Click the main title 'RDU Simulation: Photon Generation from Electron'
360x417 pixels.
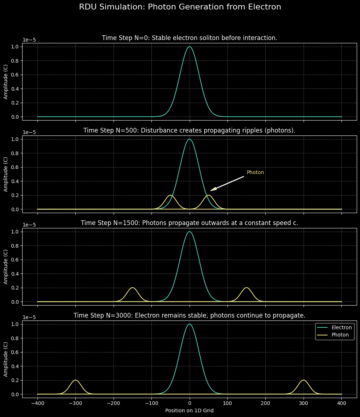click(180, 7)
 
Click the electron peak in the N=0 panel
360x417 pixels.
click(189, 47)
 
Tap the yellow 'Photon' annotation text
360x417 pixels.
click(255, 172)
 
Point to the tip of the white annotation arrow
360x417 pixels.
click(211, 190)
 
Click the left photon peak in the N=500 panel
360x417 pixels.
click(170, 196)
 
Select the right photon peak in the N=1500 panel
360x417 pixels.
click(246, 288)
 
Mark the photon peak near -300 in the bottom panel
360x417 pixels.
click(75, 380)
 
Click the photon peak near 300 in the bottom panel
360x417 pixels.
click(303, 380)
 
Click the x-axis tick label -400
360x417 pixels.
click(37, 403)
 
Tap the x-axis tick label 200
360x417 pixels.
click(265, 403)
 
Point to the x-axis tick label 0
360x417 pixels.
click(189, 403)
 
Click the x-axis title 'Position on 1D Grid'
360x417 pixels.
click(189, 410)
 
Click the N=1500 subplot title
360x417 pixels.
click(189, 223)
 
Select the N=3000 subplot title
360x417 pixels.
click(189, 315)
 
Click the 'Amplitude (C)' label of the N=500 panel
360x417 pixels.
click(6, 174)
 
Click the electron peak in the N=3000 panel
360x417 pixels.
click(189, 324)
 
